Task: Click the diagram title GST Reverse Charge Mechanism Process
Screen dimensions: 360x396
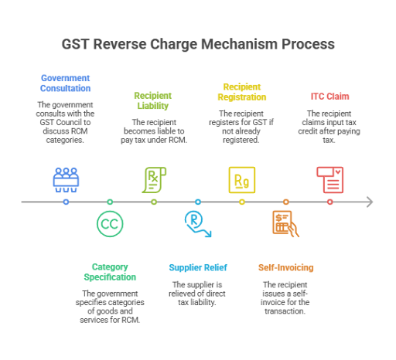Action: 198,44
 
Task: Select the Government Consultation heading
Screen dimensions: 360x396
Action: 66,83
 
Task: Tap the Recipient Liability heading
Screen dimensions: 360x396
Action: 153,100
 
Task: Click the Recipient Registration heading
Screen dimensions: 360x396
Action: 241,92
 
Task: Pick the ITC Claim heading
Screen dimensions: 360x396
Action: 329,97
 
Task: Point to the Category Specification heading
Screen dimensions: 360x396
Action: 109,271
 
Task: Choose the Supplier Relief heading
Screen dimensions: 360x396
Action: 197,267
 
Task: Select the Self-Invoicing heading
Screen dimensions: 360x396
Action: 285,267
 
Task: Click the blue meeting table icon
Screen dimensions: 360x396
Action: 66,179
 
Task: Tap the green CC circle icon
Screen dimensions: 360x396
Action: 110,223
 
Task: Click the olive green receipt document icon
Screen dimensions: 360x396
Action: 154,179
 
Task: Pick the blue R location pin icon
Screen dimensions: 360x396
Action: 197,223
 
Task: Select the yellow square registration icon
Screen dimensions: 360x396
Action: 241,179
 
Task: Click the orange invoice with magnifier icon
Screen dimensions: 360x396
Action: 285,223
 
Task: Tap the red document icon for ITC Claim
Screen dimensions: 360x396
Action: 329,179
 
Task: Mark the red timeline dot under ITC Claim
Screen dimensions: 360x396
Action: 329,202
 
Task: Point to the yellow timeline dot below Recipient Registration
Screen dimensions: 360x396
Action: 241,202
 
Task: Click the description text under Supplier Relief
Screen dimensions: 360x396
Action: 197,294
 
